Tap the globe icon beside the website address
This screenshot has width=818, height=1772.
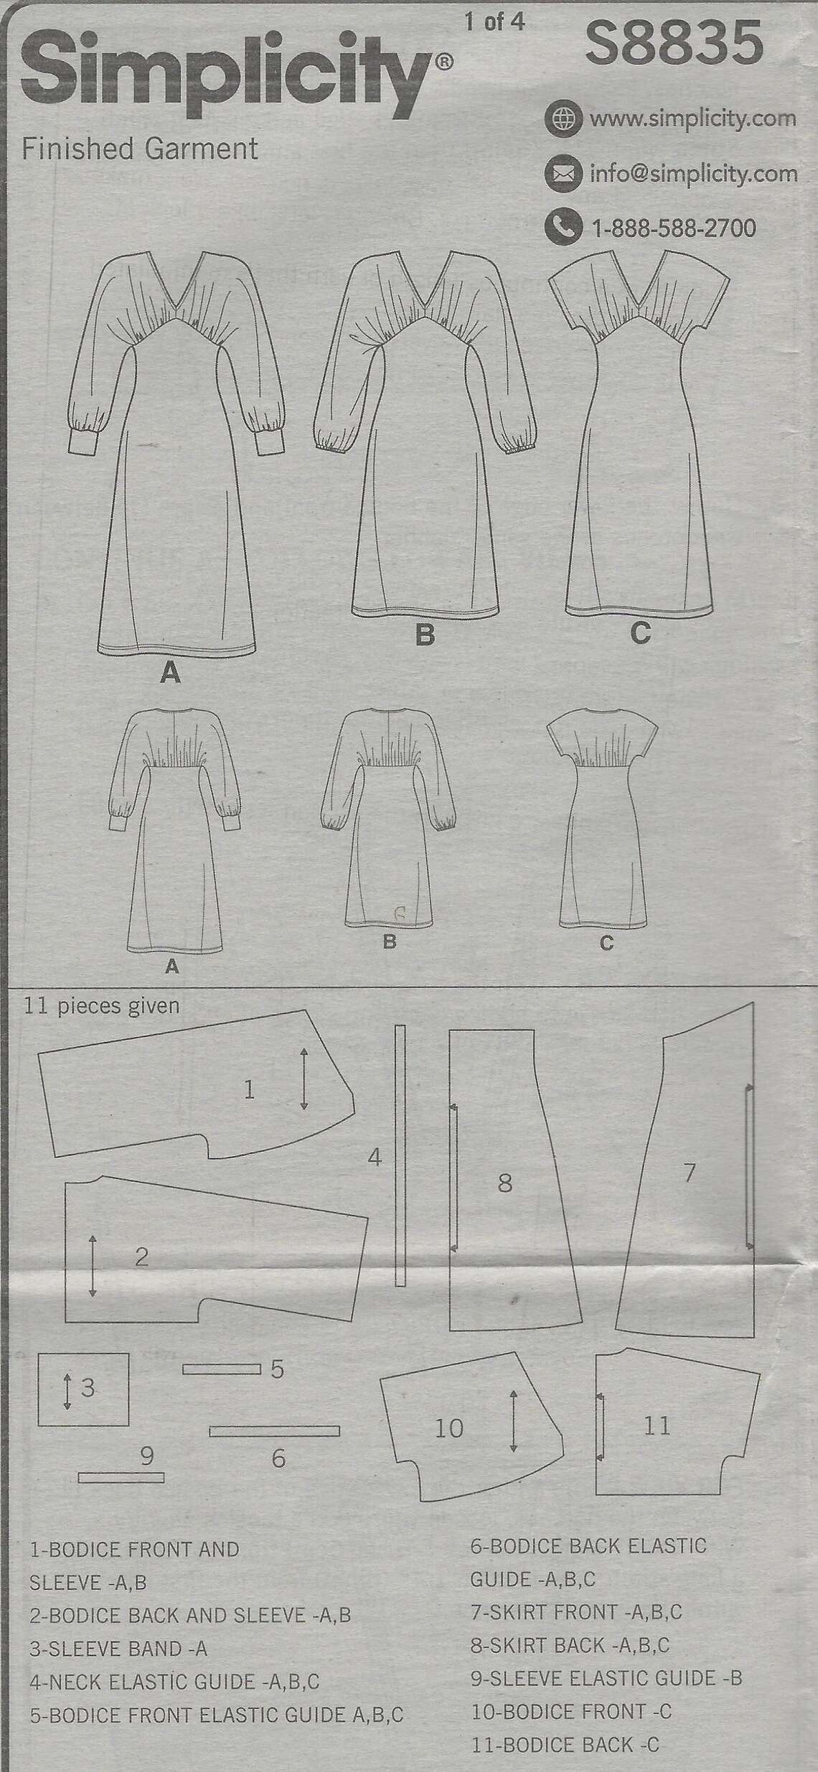pyautogui.click(x=562, y=118)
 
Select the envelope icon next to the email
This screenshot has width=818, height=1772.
pyautogui.click(x=562, y=173)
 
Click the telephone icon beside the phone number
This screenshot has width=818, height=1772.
pyautogui.click(x=562, y=228)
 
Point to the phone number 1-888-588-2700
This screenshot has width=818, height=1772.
pyautogui.click(x=674, y=228)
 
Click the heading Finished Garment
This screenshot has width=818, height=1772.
pyautogui.click(x=140, y=149)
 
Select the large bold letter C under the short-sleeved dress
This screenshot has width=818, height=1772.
pyautogui.click(x=639, y=633)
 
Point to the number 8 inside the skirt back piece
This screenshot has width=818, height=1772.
pyautogui.click(x=505, y=1183)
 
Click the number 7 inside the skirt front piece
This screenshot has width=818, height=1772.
pyautogui.click(x=689, y=1172)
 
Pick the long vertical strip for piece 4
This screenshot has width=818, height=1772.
pyautogui.click(x=400, y=1155)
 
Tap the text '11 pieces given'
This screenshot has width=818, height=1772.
pyautogui.click(x=101, y=1006)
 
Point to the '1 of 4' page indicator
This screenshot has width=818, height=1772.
pyautogui.click(x=494, y=22)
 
